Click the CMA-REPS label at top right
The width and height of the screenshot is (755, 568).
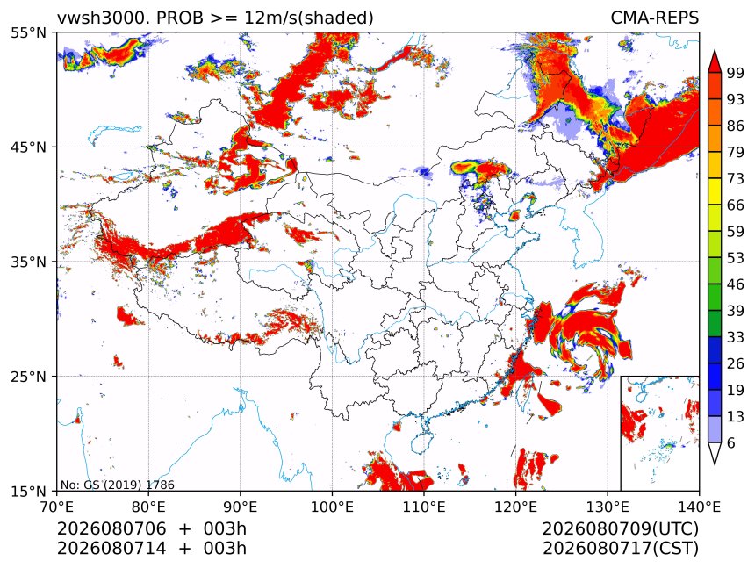654,18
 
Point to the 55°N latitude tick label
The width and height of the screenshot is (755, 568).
28,33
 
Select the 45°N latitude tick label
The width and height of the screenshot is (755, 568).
28,147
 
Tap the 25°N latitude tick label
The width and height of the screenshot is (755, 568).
28,377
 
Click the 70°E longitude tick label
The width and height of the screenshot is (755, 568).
57,507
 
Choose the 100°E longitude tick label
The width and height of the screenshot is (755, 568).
332,507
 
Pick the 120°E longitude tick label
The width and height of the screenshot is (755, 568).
515,507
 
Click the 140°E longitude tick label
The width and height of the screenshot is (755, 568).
699,507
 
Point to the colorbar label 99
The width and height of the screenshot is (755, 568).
736,73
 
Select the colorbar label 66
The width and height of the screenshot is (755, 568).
736,205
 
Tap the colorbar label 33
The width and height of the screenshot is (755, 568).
736,337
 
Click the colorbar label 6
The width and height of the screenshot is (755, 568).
731,442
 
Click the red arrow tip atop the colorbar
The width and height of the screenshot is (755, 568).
715,50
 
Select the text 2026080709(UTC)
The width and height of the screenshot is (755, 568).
620,529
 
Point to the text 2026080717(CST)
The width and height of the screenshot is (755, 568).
620,549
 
